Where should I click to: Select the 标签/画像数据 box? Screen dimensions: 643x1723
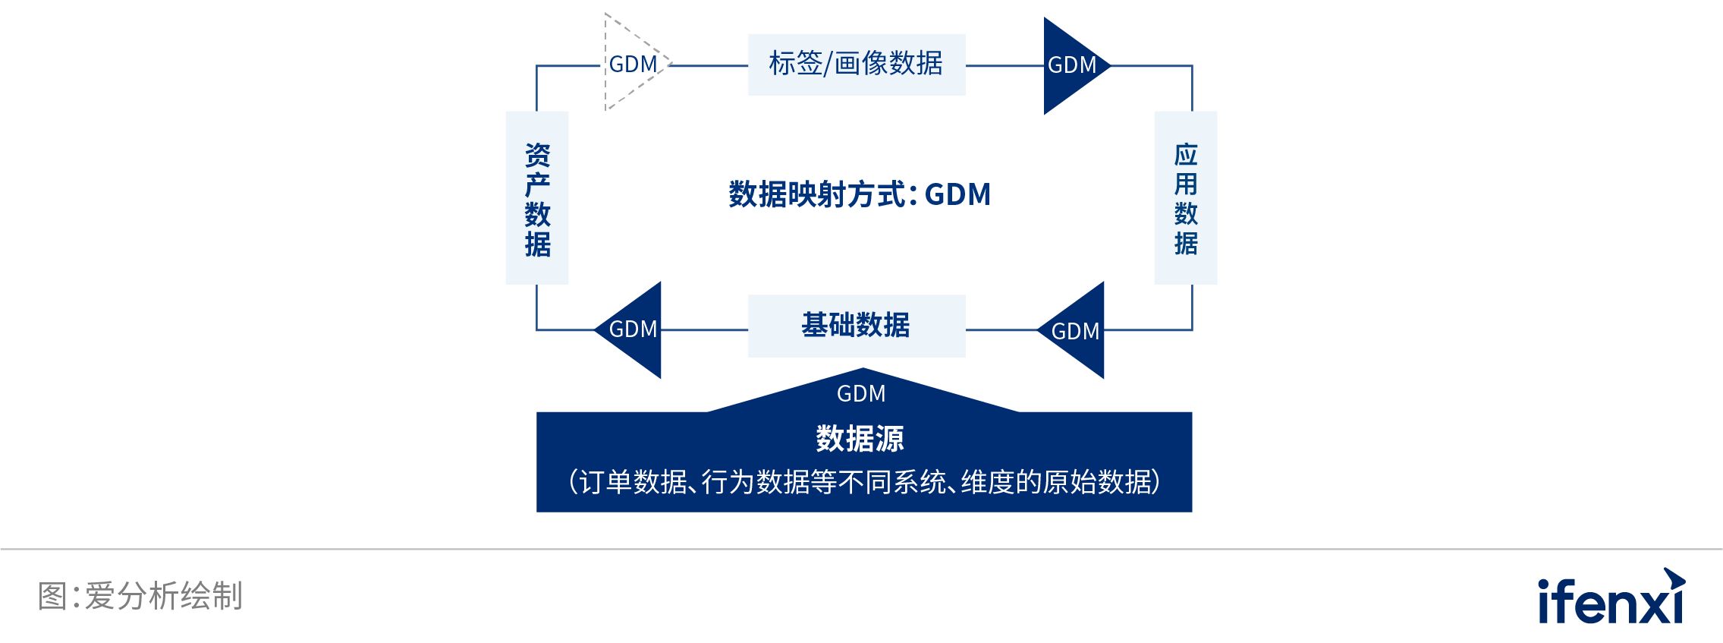856,64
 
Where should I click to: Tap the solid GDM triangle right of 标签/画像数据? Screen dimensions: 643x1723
1070,65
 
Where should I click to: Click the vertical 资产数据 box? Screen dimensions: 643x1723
537,198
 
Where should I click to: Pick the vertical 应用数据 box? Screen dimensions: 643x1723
1185,198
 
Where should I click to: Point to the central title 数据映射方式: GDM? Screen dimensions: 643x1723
859,194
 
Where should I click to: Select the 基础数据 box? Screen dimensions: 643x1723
856,326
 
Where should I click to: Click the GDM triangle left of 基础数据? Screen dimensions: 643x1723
634,329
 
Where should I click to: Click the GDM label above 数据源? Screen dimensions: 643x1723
861,393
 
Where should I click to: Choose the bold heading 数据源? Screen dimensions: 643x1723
860,439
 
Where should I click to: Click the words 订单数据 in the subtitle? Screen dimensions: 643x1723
633,482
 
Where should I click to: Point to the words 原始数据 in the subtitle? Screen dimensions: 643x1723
1097,482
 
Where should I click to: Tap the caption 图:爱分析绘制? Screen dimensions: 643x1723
140,596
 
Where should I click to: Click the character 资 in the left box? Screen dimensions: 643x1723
537,155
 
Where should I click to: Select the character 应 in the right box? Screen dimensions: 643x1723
1185,155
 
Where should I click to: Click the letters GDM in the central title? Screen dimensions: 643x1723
957,194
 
